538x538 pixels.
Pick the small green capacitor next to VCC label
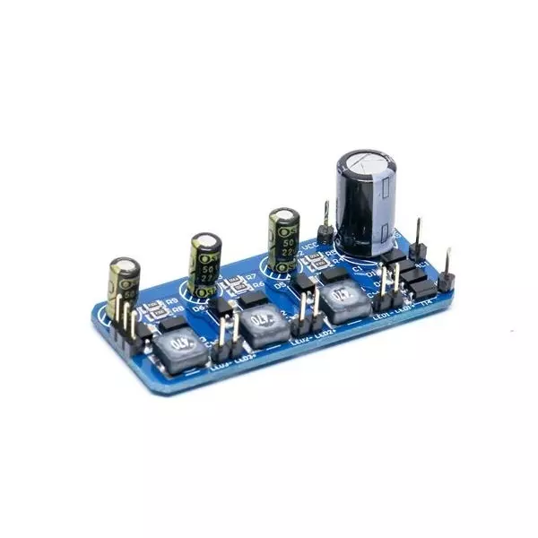(284, 236)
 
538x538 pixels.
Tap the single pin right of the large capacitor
(418, 238)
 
